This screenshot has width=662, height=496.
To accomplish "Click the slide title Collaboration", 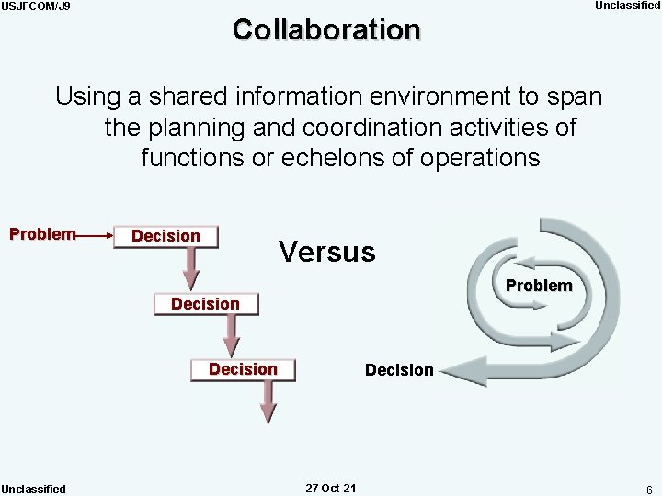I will pyautogui.click(x=326, y=29).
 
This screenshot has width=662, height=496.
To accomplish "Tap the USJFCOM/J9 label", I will pyautogui.click(x=36, y=6).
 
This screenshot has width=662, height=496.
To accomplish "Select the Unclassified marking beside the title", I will pyautogui.click(x=627, y=6).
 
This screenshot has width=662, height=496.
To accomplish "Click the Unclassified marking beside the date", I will pyautogui.click(x=33, y=489).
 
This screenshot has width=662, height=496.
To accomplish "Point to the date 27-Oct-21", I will pyautogui.click(x=331, y=488).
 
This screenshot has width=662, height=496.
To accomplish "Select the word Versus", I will pyautogui.click(x=326, y=252).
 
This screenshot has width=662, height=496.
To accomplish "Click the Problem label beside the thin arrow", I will pyautogui.click(x=41, y=234).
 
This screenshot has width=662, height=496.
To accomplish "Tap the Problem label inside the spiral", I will pyautogui.click(x=539, y=286).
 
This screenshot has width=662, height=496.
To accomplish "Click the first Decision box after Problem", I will pyautogui.click(x=165, y=236).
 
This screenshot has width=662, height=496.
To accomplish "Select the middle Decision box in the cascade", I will pyautogui.click(x=205, y=304).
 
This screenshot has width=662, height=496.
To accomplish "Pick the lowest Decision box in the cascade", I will pyautogui.click(x=243, y=369).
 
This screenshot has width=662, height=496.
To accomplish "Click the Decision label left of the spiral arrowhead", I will pyautogui.click(x=398, y=370).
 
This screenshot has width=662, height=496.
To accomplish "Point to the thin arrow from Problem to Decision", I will pyautogui.click(x=94, y=236).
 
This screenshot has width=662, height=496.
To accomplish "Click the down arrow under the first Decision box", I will pyautogui.click(x=190, y=269).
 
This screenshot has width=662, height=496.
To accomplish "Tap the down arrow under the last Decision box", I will pyautogui.click(x=268, y=401).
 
